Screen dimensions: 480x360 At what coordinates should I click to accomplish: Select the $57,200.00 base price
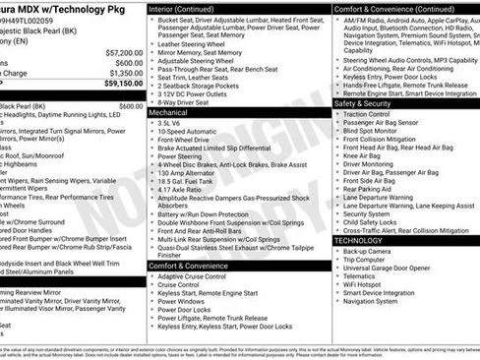click(123, 52)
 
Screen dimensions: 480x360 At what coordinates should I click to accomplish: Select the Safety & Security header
click(364, 102)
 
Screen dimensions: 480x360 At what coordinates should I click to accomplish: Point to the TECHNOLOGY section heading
click(359, 240)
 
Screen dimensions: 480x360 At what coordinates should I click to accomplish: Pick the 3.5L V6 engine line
click(171, 124)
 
